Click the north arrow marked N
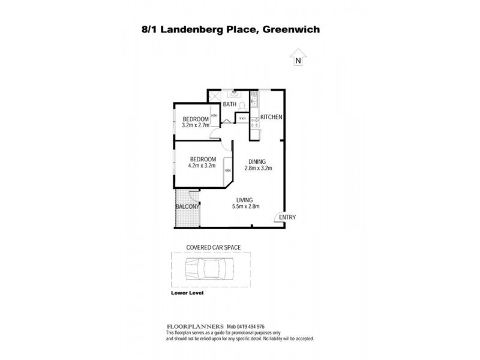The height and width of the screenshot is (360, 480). click(297, 59)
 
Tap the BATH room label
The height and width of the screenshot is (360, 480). click(229, 105)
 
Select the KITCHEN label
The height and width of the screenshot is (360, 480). click(271, 117)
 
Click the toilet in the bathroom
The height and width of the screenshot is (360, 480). click(242, 106)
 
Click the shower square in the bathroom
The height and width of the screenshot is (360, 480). click(215, 98)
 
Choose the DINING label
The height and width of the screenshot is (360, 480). click(259, 161)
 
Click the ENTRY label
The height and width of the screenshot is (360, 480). click(287, 217)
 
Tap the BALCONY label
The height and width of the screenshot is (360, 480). click(187, 208)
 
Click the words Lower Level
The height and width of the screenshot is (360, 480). click(188, 293)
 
